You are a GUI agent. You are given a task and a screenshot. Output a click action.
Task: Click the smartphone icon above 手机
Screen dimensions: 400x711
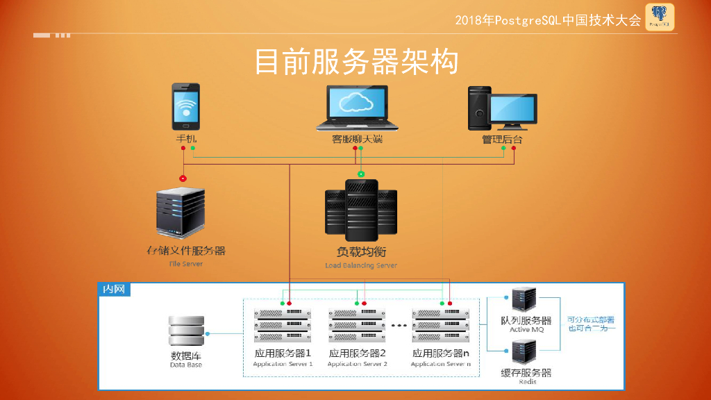185,107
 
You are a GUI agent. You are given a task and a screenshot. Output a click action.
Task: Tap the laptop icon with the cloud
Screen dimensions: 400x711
357,108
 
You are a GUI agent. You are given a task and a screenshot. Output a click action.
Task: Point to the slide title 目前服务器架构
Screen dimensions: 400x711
356,62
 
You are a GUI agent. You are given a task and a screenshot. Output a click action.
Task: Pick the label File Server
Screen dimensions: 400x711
185,264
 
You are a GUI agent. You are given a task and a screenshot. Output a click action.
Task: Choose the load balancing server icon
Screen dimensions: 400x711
361,209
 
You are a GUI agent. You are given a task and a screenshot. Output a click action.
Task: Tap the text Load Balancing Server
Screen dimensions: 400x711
361,265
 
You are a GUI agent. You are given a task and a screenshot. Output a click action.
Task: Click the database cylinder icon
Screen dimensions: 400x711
187,332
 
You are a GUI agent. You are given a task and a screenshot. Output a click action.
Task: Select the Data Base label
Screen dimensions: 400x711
186,365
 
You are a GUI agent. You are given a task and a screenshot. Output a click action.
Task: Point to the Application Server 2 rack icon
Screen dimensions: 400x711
357,325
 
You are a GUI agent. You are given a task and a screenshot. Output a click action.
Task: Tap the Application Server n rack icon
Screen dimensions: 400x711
441,325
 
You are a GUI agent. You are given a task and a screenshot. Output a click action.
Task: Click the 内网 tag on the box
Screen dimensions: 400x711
113,289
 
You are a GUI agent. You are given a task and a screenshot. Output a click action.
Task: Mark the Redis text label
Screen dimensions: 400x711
527,381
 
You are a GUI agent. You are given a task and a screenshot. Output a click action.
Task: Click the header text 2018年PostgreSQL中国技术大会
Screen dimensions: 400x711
548,20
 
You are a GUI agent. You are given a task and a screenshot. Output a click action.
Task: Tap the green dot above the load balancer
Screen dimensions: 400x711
360,174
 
